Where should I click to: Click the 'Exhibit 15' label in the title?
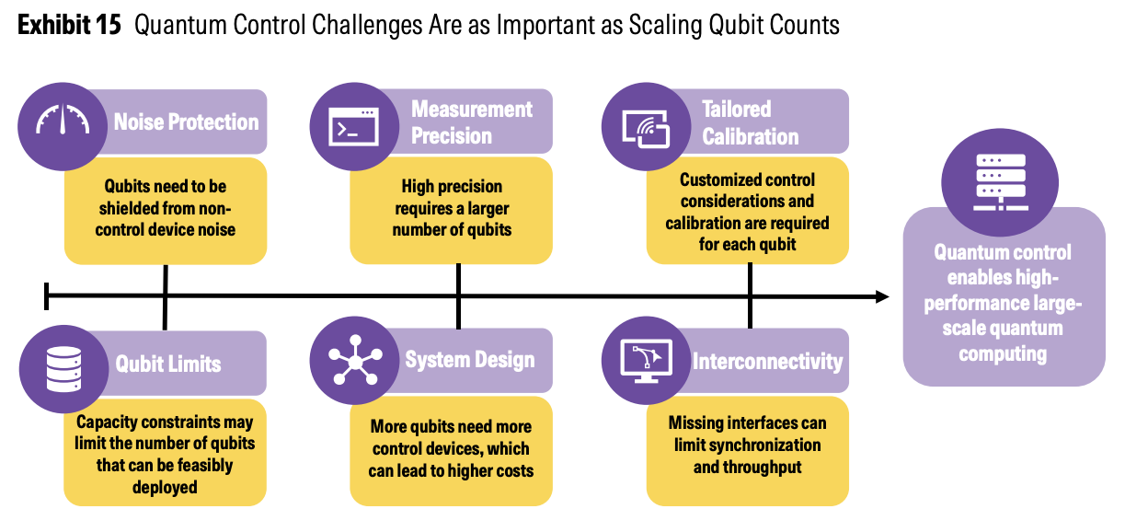[x=69, y=25]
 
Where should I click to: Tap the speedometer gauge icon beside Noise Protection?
[x=63, y=120]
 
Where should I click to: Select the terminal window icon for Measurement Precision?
[x=353, y=127]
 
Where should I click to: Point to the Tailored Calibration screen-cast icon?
[x=646, y=129]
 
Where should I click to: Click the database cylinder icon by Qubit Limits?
[x=63, y=369]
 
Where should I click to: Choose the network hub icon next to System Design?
[x=355, y=360]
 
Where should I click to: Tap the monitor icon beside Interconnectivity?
[x=647, y=362]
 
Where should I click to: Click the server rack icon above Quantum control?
[x=1001, y=182]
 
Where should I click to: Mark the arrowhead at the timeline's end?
[x=882, y=296]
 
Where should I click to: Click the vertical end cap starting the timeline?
[x=47, y=296]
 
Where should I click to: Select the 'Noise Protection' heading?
[x=186, y=122]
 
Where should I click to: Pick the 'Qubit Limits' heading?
[x=168, y=364]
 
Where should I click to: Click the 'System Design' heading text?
[x=470, y=360]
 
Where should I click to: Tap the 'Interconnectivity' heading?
[x=768, y=362]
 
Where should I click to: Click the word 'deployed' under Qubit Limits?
[x=165, y=488]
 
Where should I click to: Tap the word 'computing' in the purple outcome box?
[x=1003, y=354]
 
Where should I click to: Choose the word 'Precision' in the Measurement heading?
[x=452, y=136]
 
